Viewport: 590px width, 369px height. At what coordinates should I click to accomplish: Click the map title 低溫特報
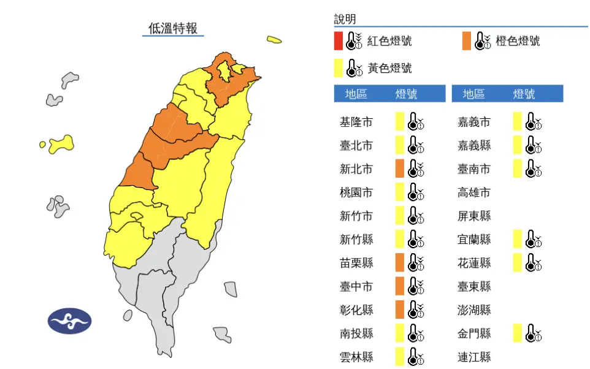point(173,28)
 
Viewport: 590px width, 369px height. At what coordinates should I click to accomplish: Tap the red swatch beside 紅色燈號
point(339,40)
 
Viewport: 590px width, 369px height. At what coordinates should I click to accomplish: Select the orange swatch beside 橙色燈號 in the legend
point(467,40)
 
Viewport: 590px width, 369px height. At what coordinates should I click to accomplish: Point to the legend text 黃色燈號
point(389,68)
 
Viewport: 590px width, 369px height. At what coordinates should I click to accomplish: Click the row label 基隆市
point(356,122)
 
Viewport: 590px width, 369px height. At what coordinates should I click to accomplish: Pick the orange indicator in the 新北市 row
point(399,169)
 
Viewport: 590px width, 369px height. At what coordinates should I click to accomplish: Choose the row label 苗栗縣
point(356,263)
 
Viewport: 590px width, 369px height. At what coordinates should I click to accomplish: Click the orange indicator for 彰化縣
point(399,310)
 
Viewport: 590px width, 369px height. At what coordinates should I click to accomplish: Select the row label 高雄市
point(474,192)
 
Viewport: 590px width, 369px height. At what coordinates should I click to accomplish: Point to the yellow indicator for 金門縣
point(518,333)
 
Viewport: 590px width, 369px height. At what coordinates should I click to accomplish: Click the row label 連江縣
point(474,357)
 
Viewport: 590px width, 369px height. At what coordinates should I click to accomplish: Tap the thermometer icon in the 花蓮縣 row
point(534,263)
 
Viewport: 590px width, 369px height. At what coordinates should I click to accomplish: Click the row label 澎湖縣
point(474,310)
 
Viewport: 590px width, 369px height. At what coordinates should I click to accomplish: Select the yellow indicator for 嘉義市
point(518,122)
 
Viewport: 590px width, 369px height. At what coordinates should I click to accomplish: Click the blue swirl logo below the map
point(69,321)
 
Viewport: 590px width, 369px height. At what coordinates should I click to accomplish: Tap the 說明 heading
point(345,20)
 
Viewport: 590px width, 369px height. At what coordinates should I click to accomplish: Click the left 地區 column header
point(356,94)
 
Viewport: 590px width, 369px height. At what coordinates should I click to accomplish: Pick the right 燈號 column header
point(524,94)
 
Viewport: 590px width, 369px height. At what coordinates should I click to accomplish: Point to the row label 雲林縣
point(356,357)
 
